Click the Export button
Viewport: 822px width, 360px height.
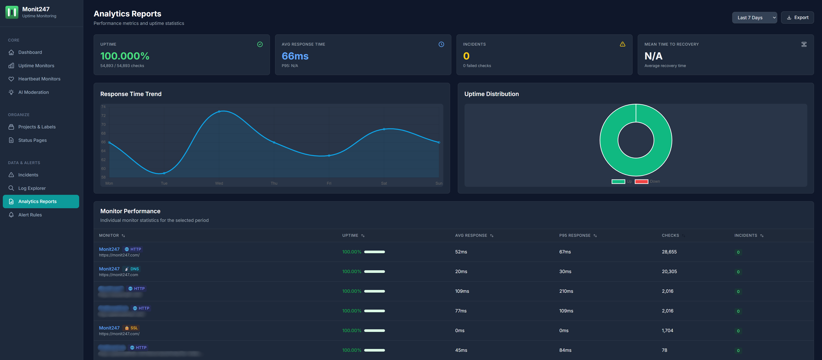(797, 18)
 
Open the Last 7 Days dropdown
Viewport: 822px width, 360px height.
(754, 18)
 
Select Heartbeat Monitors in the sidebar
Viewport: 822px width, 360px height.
(39, 79)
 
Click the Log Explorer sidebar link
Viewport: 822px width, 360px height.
(32, 188)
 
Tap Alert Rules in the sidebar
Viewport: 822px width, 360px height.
(30, 215)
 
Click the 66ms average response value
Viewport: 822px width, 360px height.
(295, 56)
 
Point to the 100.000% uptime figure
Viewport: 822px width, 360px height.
(125, 56)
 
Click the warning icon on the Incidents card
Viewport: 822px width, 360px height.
(622, 44)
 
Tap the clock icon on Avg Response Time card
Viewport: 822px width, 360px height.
(441, 44)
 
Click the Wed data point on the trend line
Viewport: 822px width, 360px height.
(219, 111)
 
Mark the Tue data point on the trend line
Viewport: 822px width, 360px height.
(164, 173)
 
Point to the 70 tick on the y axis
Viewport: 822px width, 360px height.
(103, 125)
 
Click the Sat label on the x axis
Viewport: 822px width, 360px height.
(384, 183)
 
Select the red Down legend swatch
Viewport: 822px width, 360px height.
(641, 182)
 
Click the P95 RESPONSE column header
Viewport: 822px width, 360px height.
(575, 235)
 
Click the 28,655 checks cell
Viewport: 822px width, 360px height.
(669, 252)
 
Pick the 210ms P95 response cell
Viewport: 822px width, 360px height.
(566, 291)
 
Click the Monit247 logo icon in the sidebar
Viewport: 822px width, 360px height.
(12, 12)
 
